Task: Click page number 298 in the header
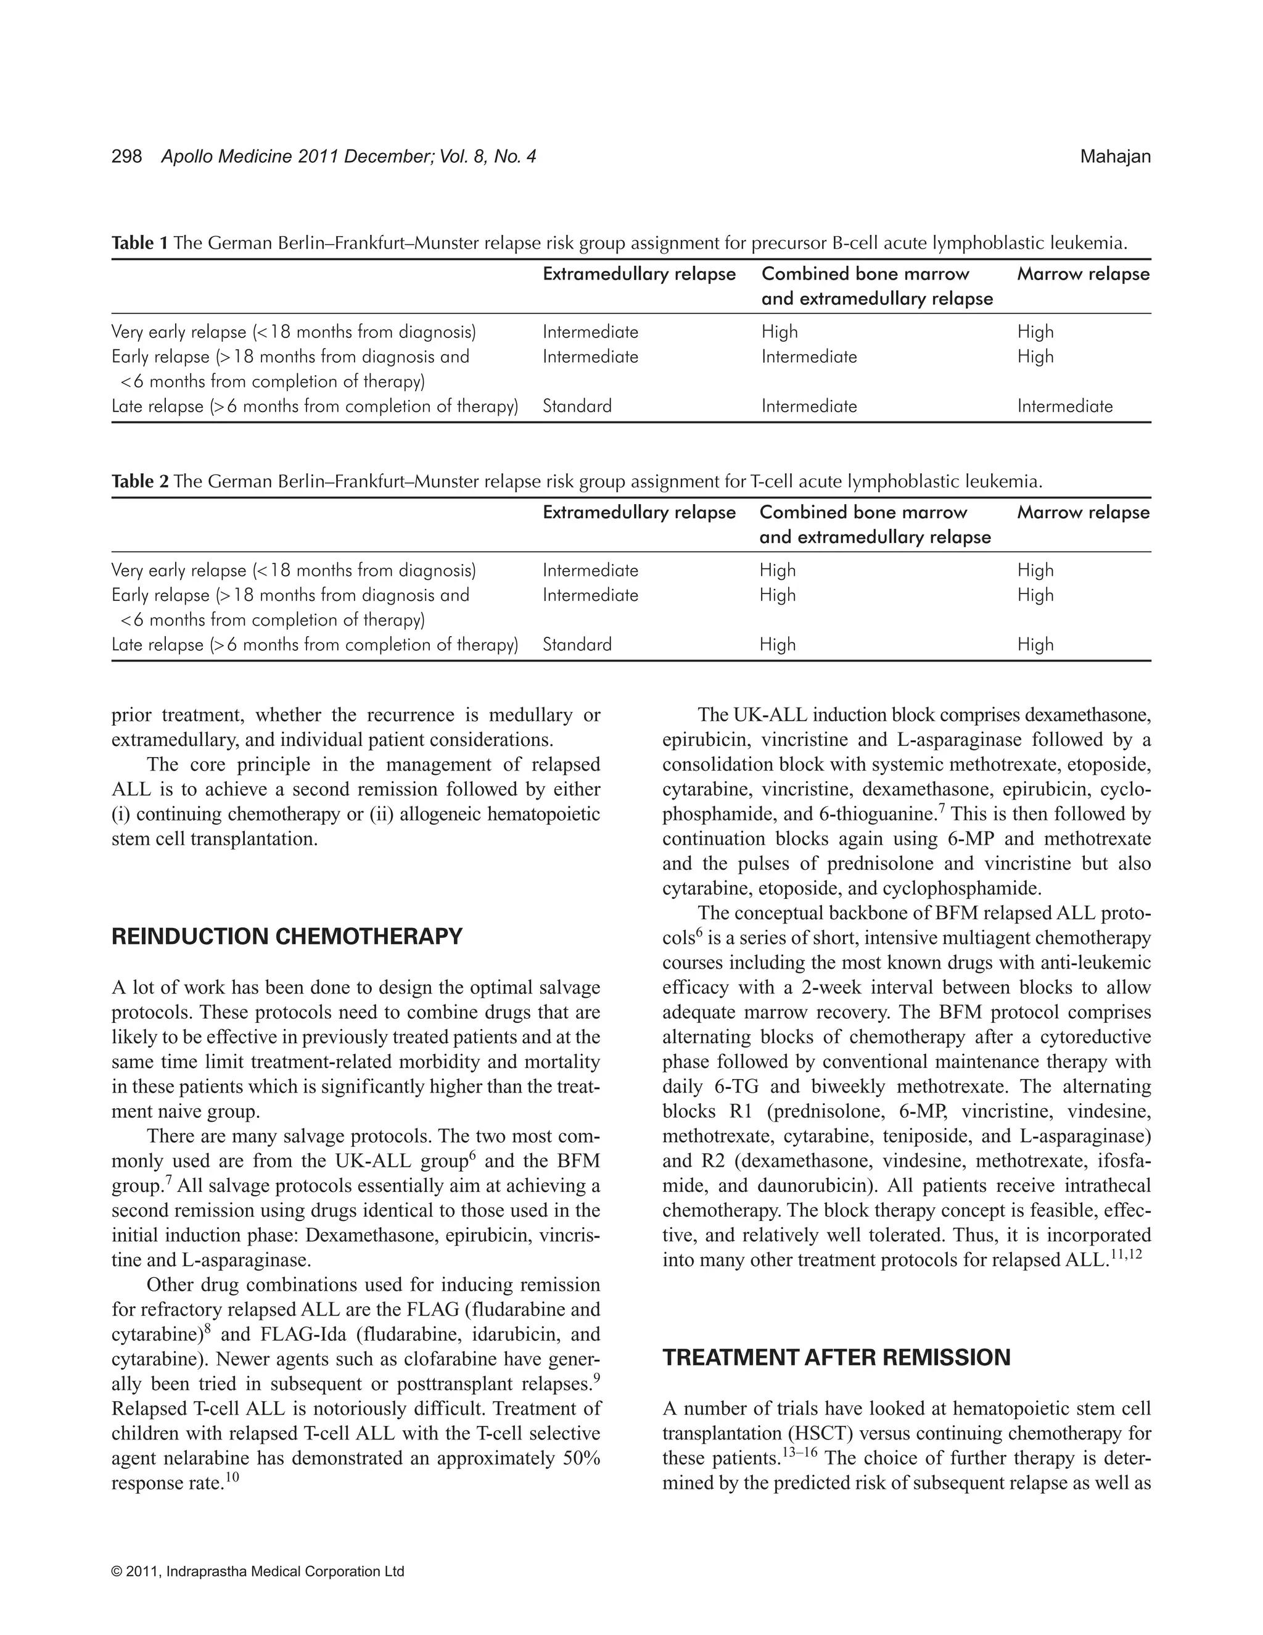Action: pos(126,157)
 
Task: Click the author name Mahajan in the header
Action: pos(1115,157)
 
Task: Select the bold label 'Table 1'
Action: pos(140,243)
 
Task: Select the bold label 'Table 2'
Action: pos(140,481)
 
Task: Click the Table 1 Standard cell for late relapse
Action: pos(577,407)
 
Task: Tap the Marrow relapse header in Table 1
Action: pos(1083,274)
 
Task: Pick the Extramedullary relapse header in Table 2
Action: pos(639,513)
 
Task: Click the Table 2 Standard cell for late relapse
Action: pos(577,645)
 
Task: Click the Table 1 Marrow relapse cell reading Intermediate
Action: pos(1064,407)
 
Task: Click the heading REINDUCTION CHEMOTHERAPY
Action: pos(287,937)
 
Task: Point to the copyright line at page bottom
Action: pos(257,1571)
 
